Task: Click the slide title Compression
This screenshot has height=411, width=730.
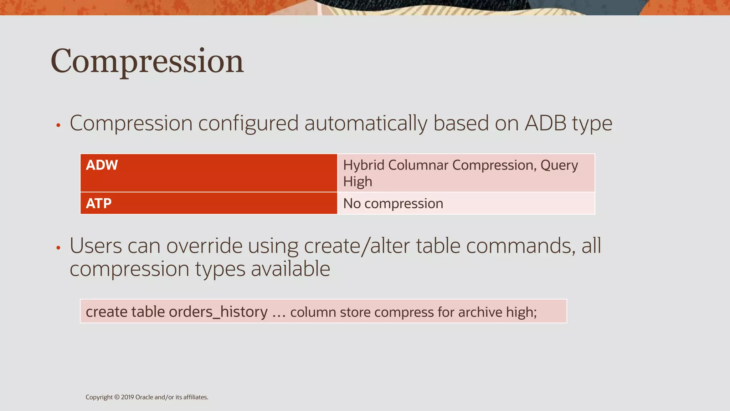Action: pyautogui.click(x=147, y=61)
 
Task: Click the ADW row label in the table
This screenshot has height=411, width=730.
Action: pyautogui.click(x=102, y=165)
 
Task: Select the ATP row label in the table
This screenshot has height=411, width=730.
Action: pyautogui.click(x=99, y=203)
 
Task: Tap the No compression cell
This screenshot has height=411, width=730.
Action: pyautogui.click(x=393, y=204)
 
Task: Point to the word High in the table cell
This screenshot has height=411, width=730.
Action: pyautogui.click(x=358, y=182)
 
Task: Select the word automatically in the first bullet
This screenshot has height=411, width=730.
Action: pyautogui.click(x=365, y=123)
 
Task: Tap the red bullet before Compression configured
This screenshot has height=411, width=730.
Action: pyautogui.click(x=58, y=125)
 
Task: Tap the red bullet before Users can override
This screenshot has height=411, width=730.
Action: pyautogui.click(x=58, y=248)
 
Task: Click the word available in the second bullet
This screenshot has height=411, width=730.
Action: pyautogui.click(x=291, y=269)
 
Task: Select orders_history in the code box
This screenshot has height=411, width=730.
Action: pyautogui.click(x=218, y=312)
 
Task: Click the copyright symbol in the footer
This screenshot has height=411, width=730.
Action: pyautogui.click(x=117, y=397)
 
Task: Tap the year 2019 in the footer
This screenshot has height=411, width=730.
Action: pyautogui.click(x=127, y=397)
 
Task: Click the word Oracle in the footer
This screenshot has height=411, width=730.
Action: pyautogui.click(x=144, y=397)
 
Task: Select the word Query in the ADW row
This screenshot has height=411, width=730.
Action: pyautogui.click(x=559, y=166)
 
